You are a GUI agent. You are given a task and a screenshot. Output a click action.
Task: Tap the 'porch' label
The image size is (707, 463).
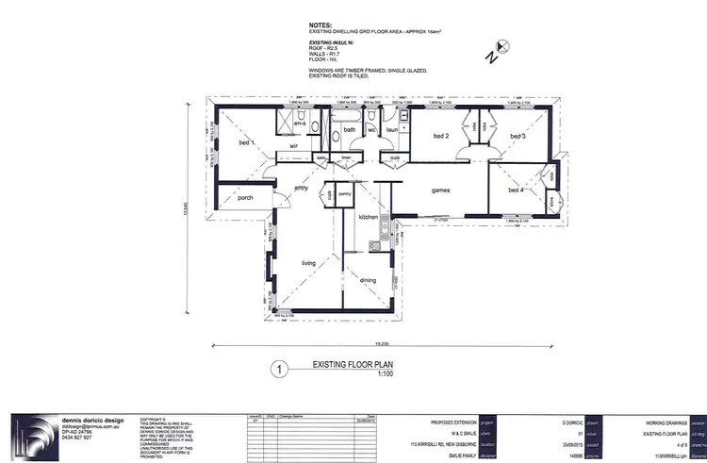click(x=245, y=198)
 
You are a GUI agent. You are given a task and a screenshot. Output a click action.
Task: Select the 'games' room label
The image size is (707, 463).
click(x=440, y=190)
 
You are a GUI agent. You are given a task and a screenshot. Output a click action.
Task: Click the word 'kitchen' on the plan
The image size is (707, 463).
click(x=369, y=217)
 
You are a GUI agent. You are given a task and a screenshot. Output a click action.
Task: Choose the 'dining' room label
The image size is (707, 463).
click(x=369, y=279)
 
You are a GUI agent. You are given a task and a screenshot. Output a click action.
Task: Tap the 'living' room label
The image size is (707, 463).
click(x=308, y=263)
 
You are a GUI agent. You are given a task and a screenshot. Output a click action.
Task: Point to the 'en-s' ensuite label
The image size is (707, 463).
click(x=300, y=124)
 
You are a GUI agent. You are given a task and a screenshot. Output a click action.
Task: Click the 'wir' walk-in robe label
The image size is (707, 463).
click(x=293, y=147)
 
